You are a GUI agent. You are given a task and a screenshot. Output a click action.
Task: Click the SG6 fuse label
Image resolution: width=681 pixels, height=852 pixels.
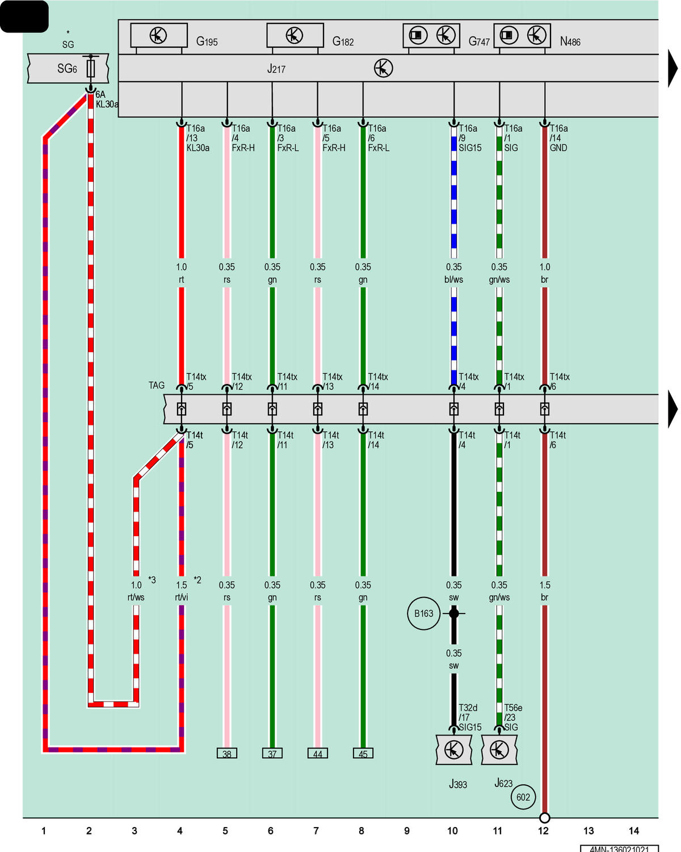pyautogui.click(x=67, y=69)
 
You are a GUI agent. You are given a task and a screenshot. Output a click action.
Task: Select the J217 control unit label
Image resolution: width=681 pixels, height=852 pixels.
pyautogui.click(x=276, y=69)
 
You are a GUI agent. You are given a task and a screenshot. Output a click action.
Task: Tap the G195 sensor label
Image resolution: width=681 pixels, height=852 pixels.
pyautogui.click(x=207, y=41)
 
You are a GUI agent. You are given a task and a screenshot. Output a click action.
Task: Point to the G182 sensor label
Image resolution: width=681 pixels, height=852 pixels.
pyautogui.click(x=343, y=41)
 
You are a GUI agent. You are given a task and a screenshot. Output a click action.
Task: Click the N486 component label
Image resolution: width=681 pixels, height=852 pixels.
pyautogui.click(x=570, y=41)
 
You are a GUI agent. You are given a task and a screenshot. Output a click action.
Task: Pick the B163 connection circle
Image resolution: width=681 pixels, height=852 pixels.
pyautogui.click(x=424, y=613)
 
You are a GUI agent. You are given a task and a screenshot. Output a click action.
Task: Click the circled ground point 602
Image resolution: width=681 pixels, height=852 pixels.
pyautogui.click(x=523, y=797)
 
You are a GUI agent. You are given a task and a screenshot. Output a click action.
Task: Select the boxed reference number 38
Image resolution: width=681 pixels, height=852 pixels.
pyautogui.click(x=227, y=753)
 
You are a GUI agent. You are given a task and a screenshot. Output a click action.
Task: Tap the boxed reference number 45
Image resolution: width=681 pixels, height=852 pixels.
pyautogui.click(x=363, y=753)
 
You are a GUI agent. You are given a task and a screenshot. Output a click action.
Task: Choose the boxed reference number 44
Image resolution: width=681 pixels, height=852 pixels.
pyautogui.click(x=317, y=753)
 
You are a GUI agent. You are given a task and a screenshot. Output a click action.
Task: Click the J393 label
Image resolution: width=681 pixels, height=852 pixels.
pyautogui.click(x=458, y=784)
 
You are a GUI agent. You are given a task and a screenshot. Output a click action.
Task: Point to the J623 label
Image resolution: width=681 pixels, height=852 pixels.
pyautogui.click(x=503, y=783)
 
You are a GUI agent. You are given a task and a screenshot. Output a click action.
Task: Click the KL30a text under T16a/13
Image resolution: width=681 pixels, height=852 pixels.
pyautogui.click(x=198, y=148)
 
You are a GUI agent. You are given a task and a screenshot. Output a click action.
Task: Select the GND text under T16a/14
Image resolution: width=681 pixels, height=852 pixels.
pyautogui.click(x=558, y=148)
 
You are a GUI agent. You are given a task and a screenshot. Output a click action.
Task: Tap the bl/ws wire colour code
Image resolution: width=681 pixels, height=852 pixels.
pyautogui.click(x=453, y=279)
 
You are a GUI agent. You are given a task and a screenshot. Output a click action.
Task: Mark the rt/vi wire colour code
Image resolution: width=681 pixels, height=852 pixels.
pyautogui.click(x=181, y=597)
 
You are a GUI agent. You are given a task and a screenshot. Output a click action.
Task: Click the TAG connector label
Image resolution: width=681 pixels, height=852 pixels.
pyautogui.click(x=156, y=385)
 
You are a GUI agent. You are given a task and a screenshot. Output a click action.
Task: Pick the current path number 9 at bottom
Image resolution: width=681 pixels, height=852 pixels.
pyautogui.click(x=407, y=830)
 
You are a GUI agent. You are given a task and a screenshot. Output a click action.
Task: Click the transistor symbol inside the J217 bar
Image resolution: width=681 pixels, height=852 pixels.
pyautogui.click(x=383, y=68)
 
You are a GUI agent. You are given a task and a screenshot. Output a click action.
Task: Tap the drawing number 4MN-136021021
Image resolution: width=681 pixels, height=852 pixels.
pyautogui.click(x=619, y=849)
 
